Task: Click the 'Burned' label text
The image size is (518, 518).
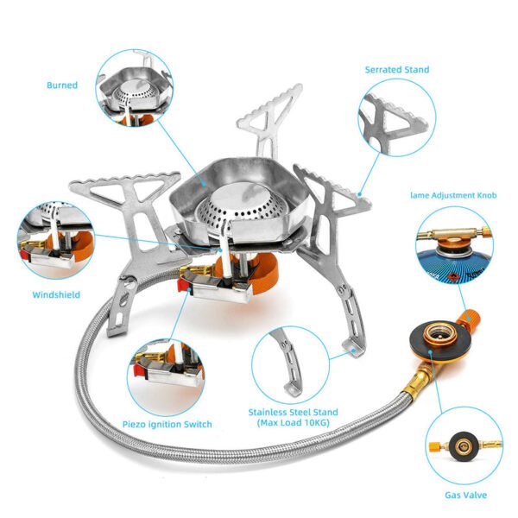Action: tap(62, 85)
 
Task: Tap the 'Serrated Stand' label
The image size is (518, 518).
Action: tap(396, 69)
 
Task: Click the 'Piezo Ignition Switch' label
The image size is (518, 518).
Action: tap(168, 424)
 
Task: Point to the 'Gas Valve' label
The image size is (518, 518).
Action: tap(465, 495)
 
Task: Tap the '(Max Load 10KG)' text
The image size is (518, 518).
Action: tap(293, 422)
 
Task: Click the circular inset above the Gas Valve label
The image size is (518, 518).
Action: tap(465, 445)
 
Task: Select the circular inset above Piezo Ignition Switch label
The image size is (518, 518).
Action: tap(165, 374)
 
